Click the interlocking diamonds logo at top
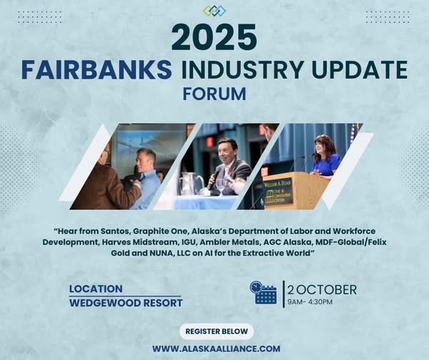click(x=214, y=11)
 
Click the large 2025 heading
click(x=214, y=37)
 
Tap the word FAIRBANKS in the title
click(x=97, y=69)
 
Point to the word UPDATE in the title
click(x=360, y=69)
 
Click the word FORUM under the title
click(x=214, y=94)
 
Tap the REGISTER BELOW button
click(x=217, y=331)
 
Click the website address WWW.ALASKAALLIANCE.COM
click(x=217, y=349)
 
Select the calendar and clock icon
click(x=263, y=293)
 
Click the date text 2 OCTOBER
click(x=322, y=290)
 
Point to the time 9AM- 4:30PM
click(x=310, y=302)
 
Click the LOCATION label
click(x=96, y=289)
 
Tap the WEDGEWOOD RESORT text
click(x=126, y=303)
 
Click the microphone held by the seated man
click(x=214, y=177)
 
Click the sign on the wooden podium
click(x=277, y=192)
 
